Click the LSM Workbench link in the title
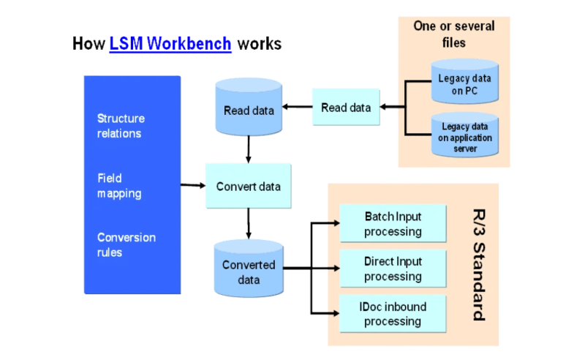(170, 43)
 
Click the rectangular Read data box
(346, 108)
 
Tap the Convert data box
(249, 186)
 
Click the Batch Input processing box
(393, 224)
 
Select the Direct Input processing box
(393, 269)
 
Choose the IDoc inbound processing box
(393, 313)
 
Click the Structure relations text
(121, 126)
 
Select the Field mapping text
(119, 186)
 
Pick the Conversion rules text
(127, 245)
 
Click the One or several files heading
(454, 34)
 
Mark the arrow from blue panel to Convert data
(192, 185)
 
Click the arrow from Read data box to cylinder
(297, 108)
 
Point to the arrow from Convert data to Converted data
(249, 224)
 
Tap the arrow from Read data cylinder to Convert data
(249, 149)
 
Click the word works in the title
(259, 43)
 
